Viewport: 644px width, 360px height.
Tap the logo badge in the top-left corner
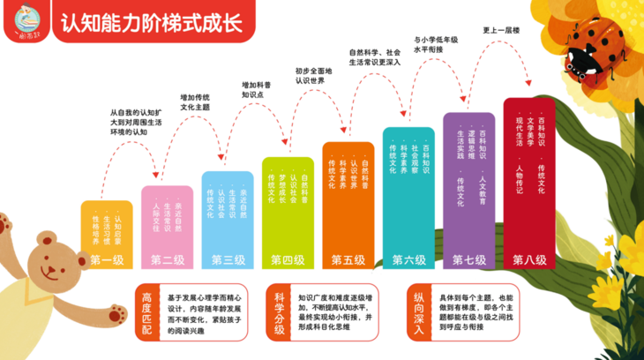click(26, 21)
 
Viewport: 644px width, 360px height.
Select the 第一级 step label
click(107, 259)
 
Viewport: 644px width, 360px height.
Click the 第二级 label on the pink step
click(168, 259)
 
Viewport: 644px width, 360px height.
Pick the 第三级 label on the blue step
click(228, 259)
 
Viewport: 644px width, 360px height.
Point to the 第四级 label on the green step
click(288, 259)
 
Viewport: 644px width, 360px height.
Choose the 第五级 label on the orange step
click(348, 259)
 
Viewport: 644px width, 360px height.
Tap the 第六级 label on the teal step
click(408, 259)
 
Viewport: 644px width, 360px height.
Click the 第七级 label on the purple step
click(468, 259)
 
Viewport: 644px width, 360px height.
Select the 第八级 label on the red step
click(529, 259)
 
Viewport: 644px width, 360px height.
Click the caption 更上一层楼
click(501, 31)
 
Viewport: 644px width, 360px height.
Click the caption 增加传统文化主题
click(194, 101)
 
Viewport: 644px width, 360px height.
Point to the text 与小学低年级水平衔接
click(436, 45)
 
